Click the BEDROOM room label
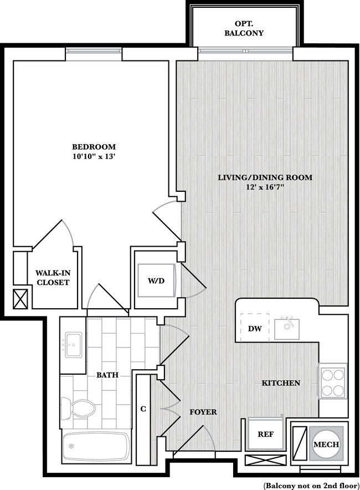point(94,146)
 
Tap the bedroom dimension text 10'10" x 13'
point(94,156)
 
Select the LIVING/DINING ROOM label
point(265,177)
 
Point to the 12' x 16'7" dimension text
point(265,187)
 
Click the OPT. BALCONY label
point(244,28)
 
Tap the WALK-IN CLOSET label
point(53,278)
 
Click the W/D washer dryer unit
point(156,280)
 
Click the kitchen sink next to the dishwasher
point(287,329)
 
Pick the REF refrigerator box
point(265,434)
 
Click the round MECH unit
point(326,444)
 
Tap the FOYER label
point(203,412)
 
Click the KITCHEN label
point(281,383)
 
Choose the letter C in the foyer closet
point(143,409)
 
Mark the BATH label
point(107,375)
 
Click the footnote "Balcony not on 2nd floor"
point(311,486)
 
